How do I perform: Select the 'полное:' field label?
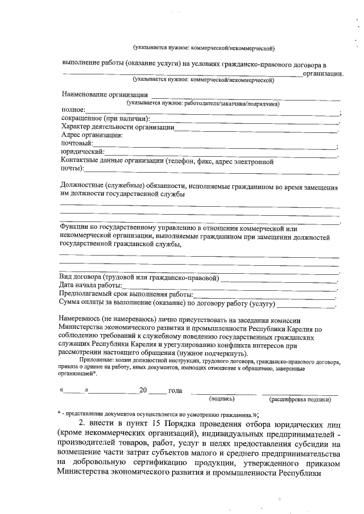point(73,110)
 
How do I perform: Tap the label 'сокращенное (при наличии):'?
point(105,118)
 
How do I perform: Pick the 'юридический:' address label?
point(82,152)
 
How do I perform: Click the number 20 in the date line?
point(143,391)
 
